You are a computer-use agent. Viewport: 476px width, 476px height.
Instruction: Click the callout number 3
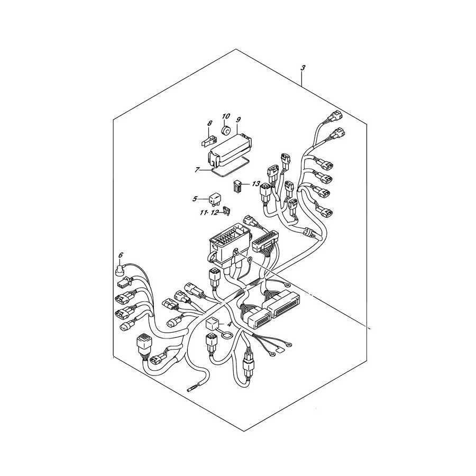[x=303, y=68]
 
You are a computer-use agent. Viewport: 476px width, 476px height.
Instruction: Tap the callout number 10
[x=226, y=116]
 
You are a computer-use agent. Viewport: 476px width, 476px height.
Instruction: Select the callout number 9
[x=238, y=120]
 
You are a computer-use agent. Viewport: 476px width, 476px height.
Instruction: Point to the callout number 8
[x=209, y=123]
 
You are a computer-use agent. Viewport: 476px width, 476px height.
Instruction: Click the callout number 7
[x=197, y=170]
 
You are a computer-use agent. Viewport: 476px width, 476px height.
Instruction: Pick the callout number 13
[x=256, y=184]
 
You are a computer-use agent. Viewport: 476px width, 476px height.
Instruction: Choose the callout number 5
[x=195, y=199]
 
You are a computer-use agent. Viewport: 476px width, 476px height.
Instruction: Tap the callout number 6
[x=121, y=255]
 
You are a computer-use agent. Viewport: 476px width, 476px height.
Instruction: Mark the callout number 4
[x=230, y=324]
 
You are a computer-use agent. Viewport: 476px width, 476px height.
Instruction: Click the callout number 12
[x=215, y=213]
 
